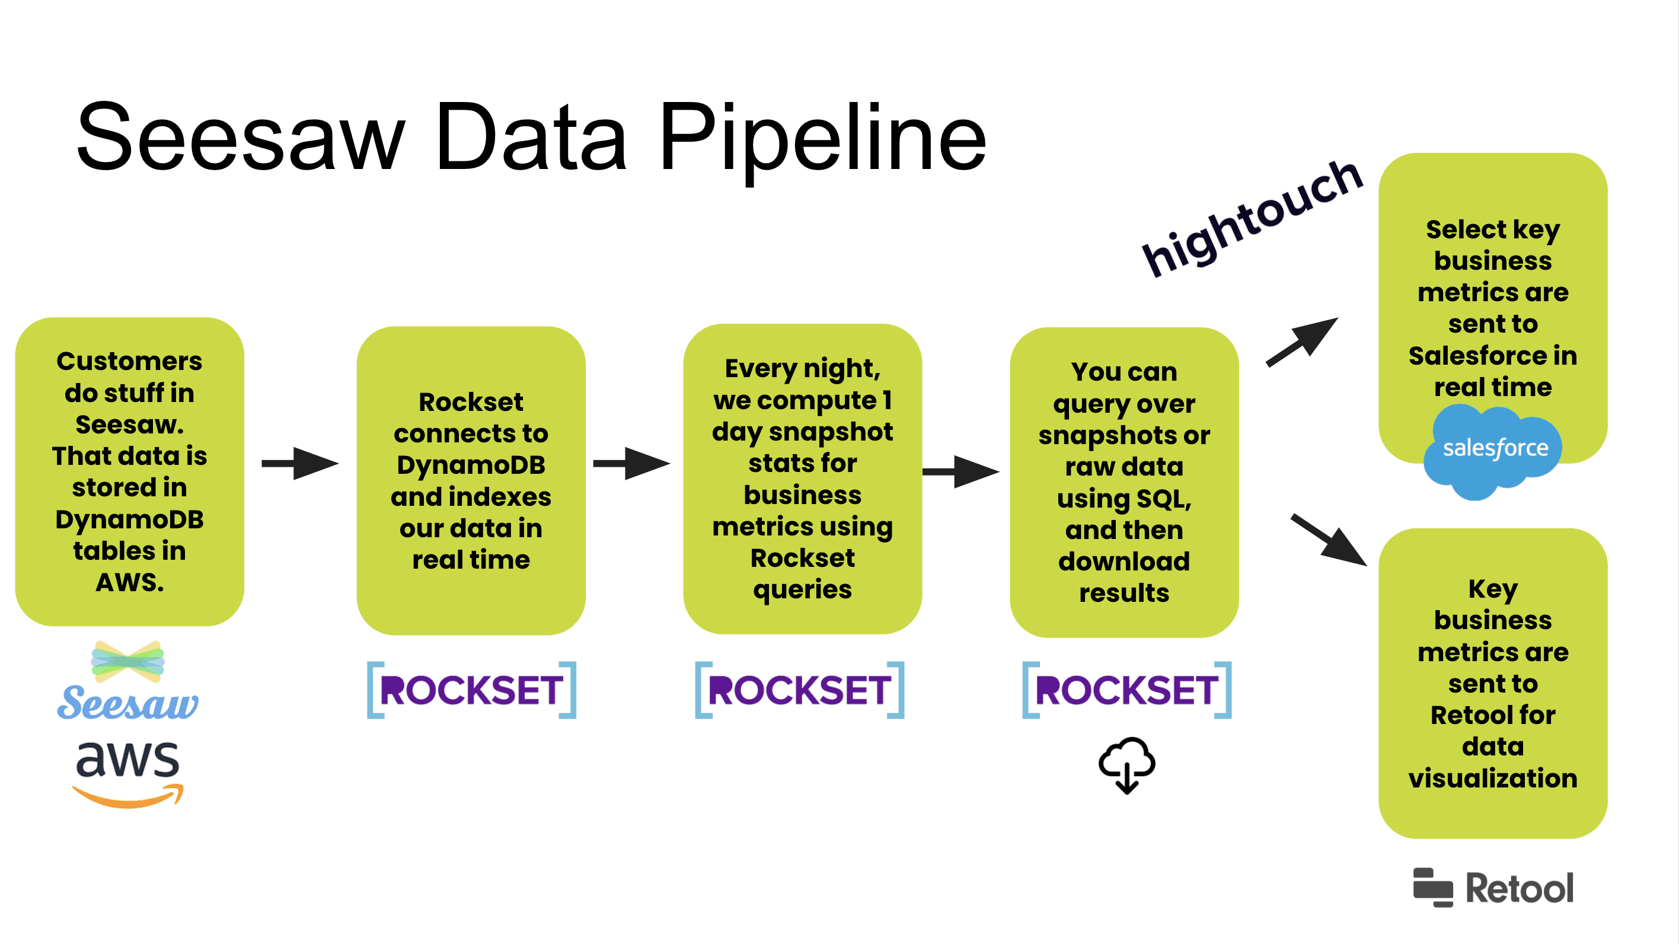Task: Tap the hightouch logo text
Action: [1252, 218]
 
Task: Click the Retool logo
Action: [1493, 888]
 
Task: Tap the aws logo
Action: [127, 773]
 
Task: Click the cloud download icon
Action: [1126, 764]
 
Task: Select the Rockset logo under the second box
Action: [471, 690]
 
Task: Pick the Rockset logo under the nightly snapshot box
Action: [799, 690]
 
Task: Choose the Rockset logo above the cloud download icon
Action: [1126, 690]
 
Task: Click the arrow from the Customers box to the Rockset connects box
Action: [300, 464]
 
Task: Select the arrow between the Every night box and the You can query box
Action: [960, 471]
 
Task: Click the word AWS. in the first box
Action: [129, 582]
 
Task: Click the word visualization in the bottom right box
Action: [1493, 779]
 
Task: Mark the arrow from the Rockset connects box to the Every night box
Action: [631, 464]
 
